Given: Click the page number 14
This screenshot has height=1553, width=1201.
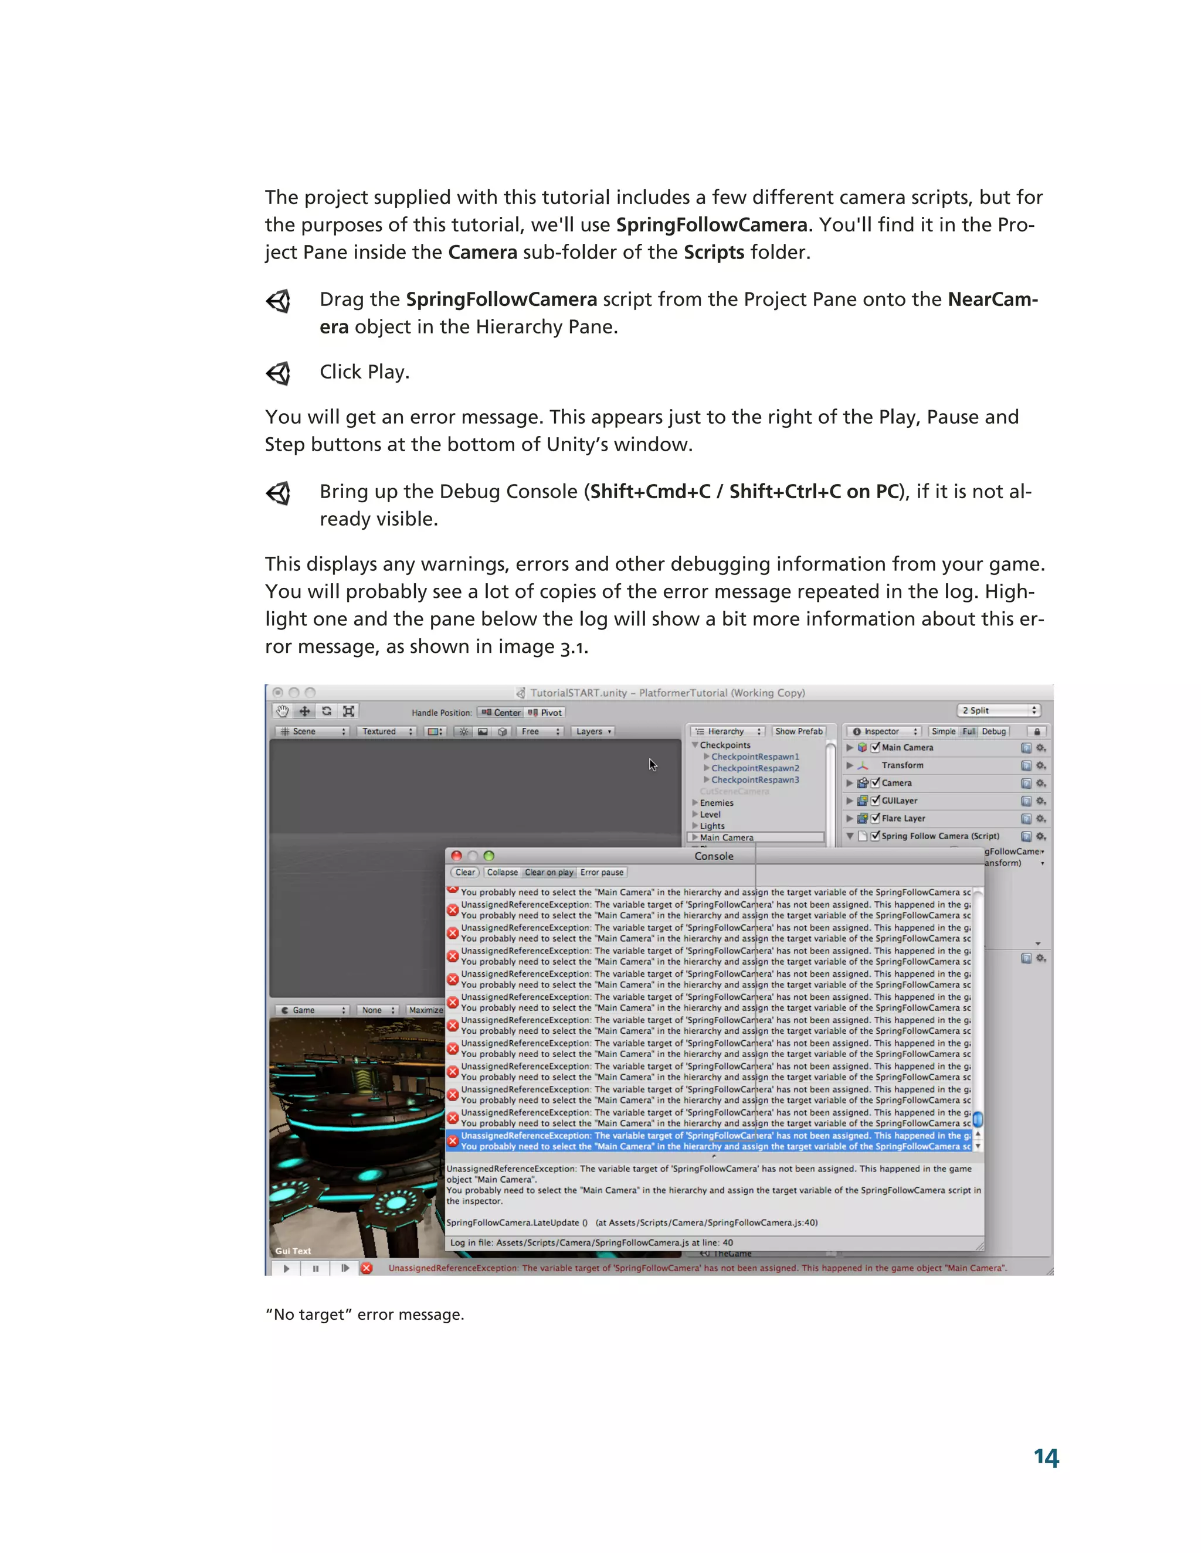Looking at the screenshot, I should [x=1046, y=1457].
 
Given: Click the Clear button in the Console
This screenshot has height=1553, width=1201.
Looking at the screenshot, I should [x=465, y=873].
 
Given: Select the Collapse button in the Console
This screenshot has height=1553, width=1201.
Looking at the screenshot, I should [x=503, y=873].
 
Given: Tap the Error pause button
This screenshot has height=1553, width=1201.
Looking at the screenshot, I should [x=602, y=873].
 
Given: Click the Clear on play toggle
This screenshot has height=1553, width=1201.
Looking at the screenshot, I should [x=549, y=873].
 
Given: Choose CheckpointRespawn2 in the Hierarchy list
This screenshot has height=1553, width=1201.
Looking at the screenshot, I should [x=755, y=768].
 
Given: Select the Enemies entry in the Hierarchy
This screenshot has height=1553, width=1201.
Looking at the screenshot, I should [x=717, y=803].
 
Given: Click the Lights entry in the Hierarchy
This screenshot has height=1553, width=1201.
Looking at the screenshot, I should [x=712, y=826].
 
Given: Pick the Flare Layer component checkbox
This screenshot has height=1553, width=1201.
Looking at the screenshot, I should [x=875, y=818].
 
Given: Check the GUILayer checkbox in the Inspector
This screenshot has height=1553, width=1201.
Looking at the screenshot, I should [x=875, y=800].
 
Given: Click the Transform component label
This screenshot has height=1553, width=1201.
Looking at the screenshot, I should [x=902, y=765].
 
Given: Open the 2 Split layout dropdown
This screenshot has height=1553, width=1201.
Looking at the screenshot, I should [x=998, y=710].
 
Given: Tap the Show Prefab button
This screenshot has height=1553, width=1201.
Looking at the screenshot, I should [x=798, y=731].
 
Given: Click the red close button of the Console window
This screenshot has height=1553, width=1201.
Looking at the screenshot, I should [x=457, y=856].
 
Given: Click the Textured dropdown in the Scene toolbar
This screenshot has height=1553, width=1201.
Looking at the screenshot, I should [x=386, y=731].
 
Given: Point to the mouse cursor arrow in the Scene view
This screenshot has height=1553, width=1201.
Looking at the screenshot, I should [x=652, y=764].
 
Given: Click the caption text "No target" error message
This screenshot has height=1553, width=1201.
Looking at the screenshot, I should [x=364, y=1314].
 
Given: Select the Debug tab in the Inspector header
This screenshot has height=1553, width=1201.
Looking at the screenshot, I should [x=994, y=731].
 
